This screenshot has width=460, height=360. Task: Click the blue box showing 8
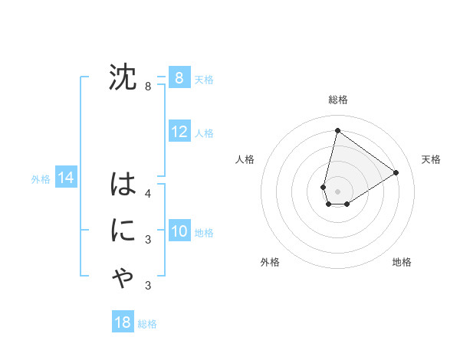tap(179, 77)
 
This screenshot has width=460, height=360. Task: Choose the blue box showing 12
tap(179, 132)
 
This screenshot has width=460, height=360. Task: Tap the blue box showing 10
tap(179, 231)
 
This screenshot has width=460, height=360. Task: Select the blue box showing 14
tap(66, 178)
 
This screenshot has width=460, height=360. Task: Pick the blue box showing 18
tap(123, 322)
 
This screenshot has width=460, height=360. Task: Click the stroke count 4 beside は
tap(148, 194)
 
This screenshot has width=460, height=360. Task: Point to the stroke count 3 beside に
tap(148, 240)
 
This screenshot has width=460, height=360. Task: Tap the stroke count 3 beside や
tap(148, 286)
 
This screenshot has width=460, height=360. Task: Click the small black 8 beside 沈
tap(148, 87)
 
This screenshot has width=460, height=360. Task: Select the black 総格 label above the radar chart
tap(338, 100)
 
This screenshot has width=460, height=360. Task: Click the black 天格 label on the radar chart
tap(432, 159)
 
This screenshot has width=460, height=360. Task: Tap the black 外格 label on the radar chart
tap(270, 262)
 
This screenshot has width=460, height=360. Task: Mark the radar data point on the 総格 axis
tap(337, 130)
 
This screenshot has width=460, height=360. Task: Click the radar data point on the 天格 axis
tap(396, 172)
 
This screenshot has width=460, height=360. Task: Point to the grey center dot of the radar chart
tap(337, 191)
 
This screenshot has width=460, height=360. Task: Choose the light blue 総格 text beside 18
tap(147, 324)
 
